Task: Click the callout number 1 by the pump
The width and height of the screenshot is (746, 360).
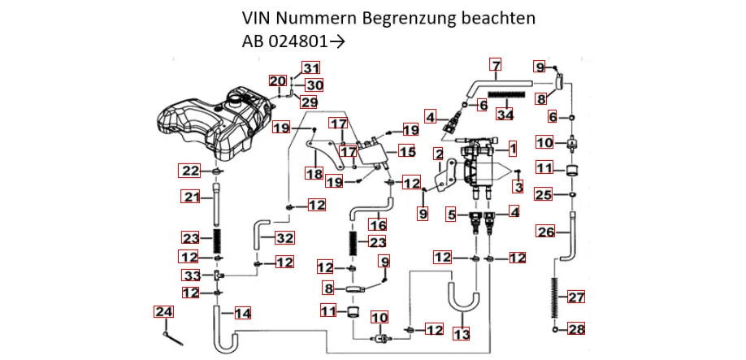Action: [512, 149]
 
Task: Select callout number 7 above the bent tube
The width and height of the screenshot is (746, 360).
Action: [496, 64]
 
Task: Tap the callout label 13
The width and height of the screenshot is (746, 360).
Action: [461, 335]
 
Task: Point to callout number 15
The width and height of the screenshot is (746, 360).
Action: [406, 151]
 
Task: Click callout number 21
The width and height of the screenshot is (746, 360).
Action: [191, 197]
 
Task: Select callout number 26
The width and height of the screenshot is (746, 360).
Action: [546, 232]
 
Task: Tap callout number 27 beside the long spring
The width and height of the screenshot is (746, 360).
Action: [575, 297]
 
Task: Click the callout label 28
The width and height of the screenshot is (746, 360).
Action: [575, 329]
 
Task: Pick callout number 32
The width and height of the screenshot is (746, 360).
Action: [284, 238]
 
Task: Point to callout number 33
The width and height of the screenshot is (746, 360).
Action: [191, 275]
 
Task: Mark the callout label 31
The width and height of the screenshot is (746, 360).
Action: [312, 67]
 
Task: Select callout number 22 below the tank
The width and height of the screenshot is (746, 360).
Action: [189, 171]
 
